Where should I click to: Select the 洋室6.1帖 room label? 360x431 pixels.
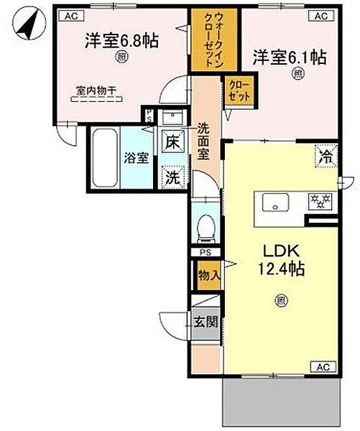(289, 55)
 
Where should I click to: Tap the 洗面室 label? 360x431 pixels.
(203, 144)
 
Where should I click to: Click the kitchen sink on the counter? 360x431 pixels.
(275, 203)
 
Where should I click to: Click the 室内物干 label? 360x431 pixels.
(97, 91)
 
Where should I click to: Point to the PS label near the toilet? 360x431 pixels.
(204, 252)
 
